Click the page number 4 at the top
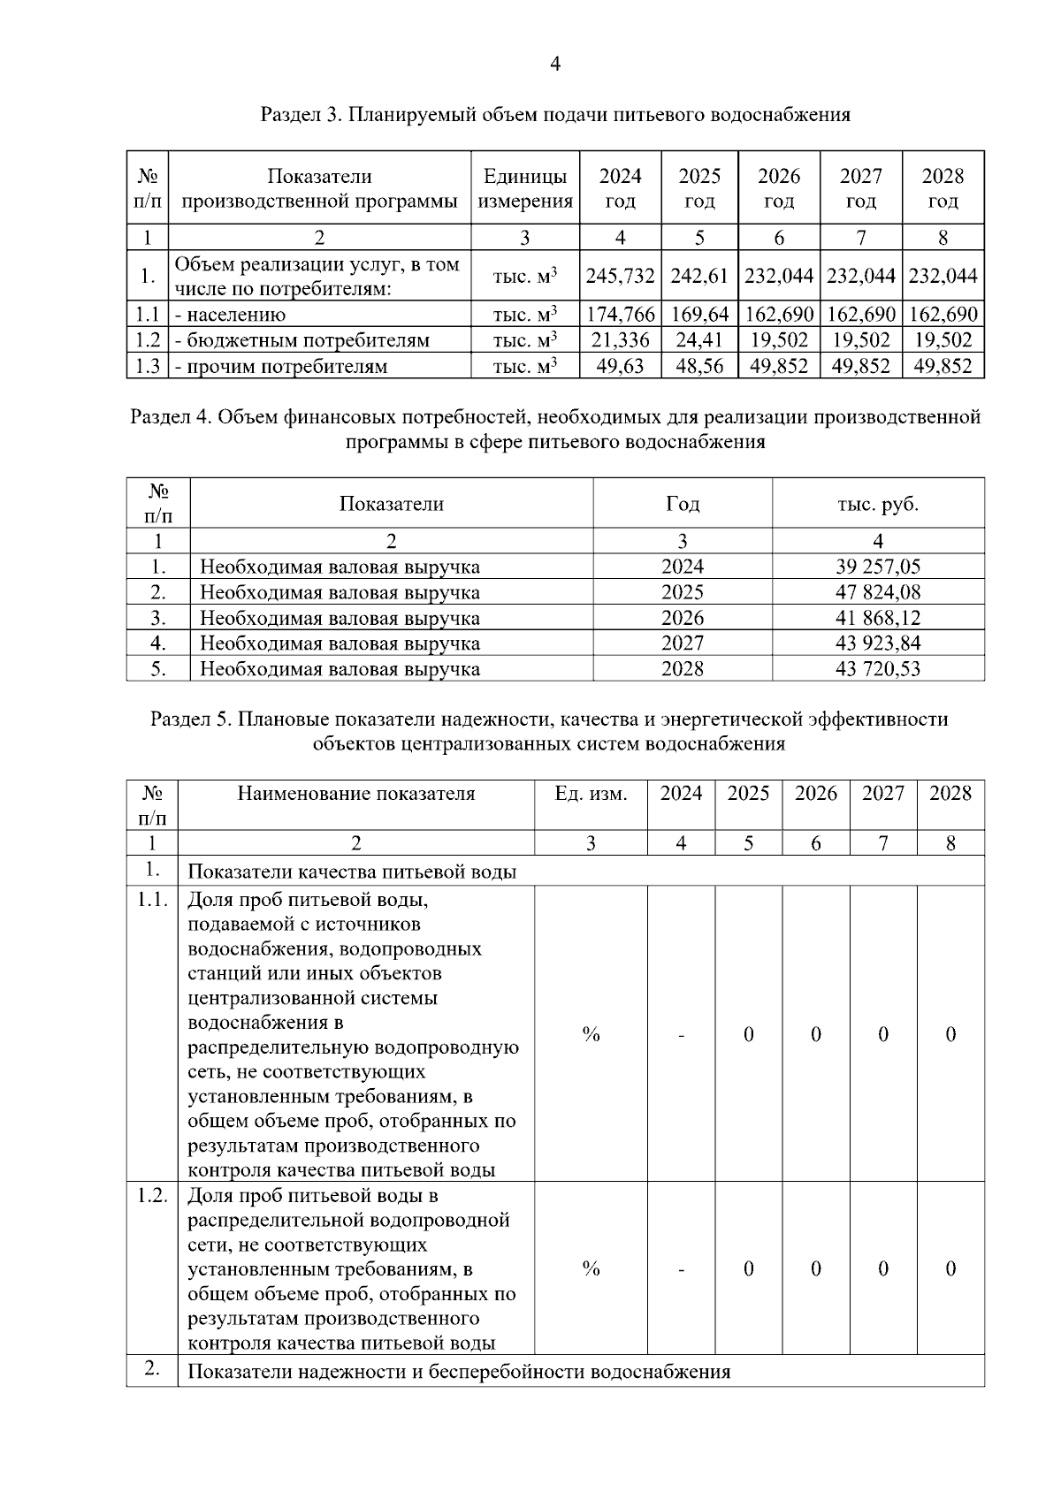point(554,64)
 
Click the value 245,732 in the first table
point(620,276)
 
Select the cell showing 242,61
point(699,276)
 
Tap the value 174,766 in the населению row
point(620,314)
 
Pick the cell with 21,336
point(620,339)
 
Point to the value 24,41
point(699,339)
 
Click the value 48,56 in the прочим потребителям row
point(699,365)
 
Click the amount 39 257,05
point(877,567)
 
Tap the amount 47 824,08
point(877,592)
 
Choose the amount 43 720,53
point(877,668)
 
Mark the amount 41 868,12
point(877,618)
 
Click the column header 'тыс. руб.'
point(877,504)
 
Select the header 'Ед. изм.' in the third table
point(591,793)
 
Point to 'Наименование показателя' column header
point(355,793)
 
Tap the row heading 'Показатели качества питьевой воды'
point(352,872)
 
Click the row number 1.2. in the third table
point(152,1195)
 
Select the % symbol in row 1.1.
point(591,1033)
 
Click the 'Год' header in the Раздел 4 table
point(682,504)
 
